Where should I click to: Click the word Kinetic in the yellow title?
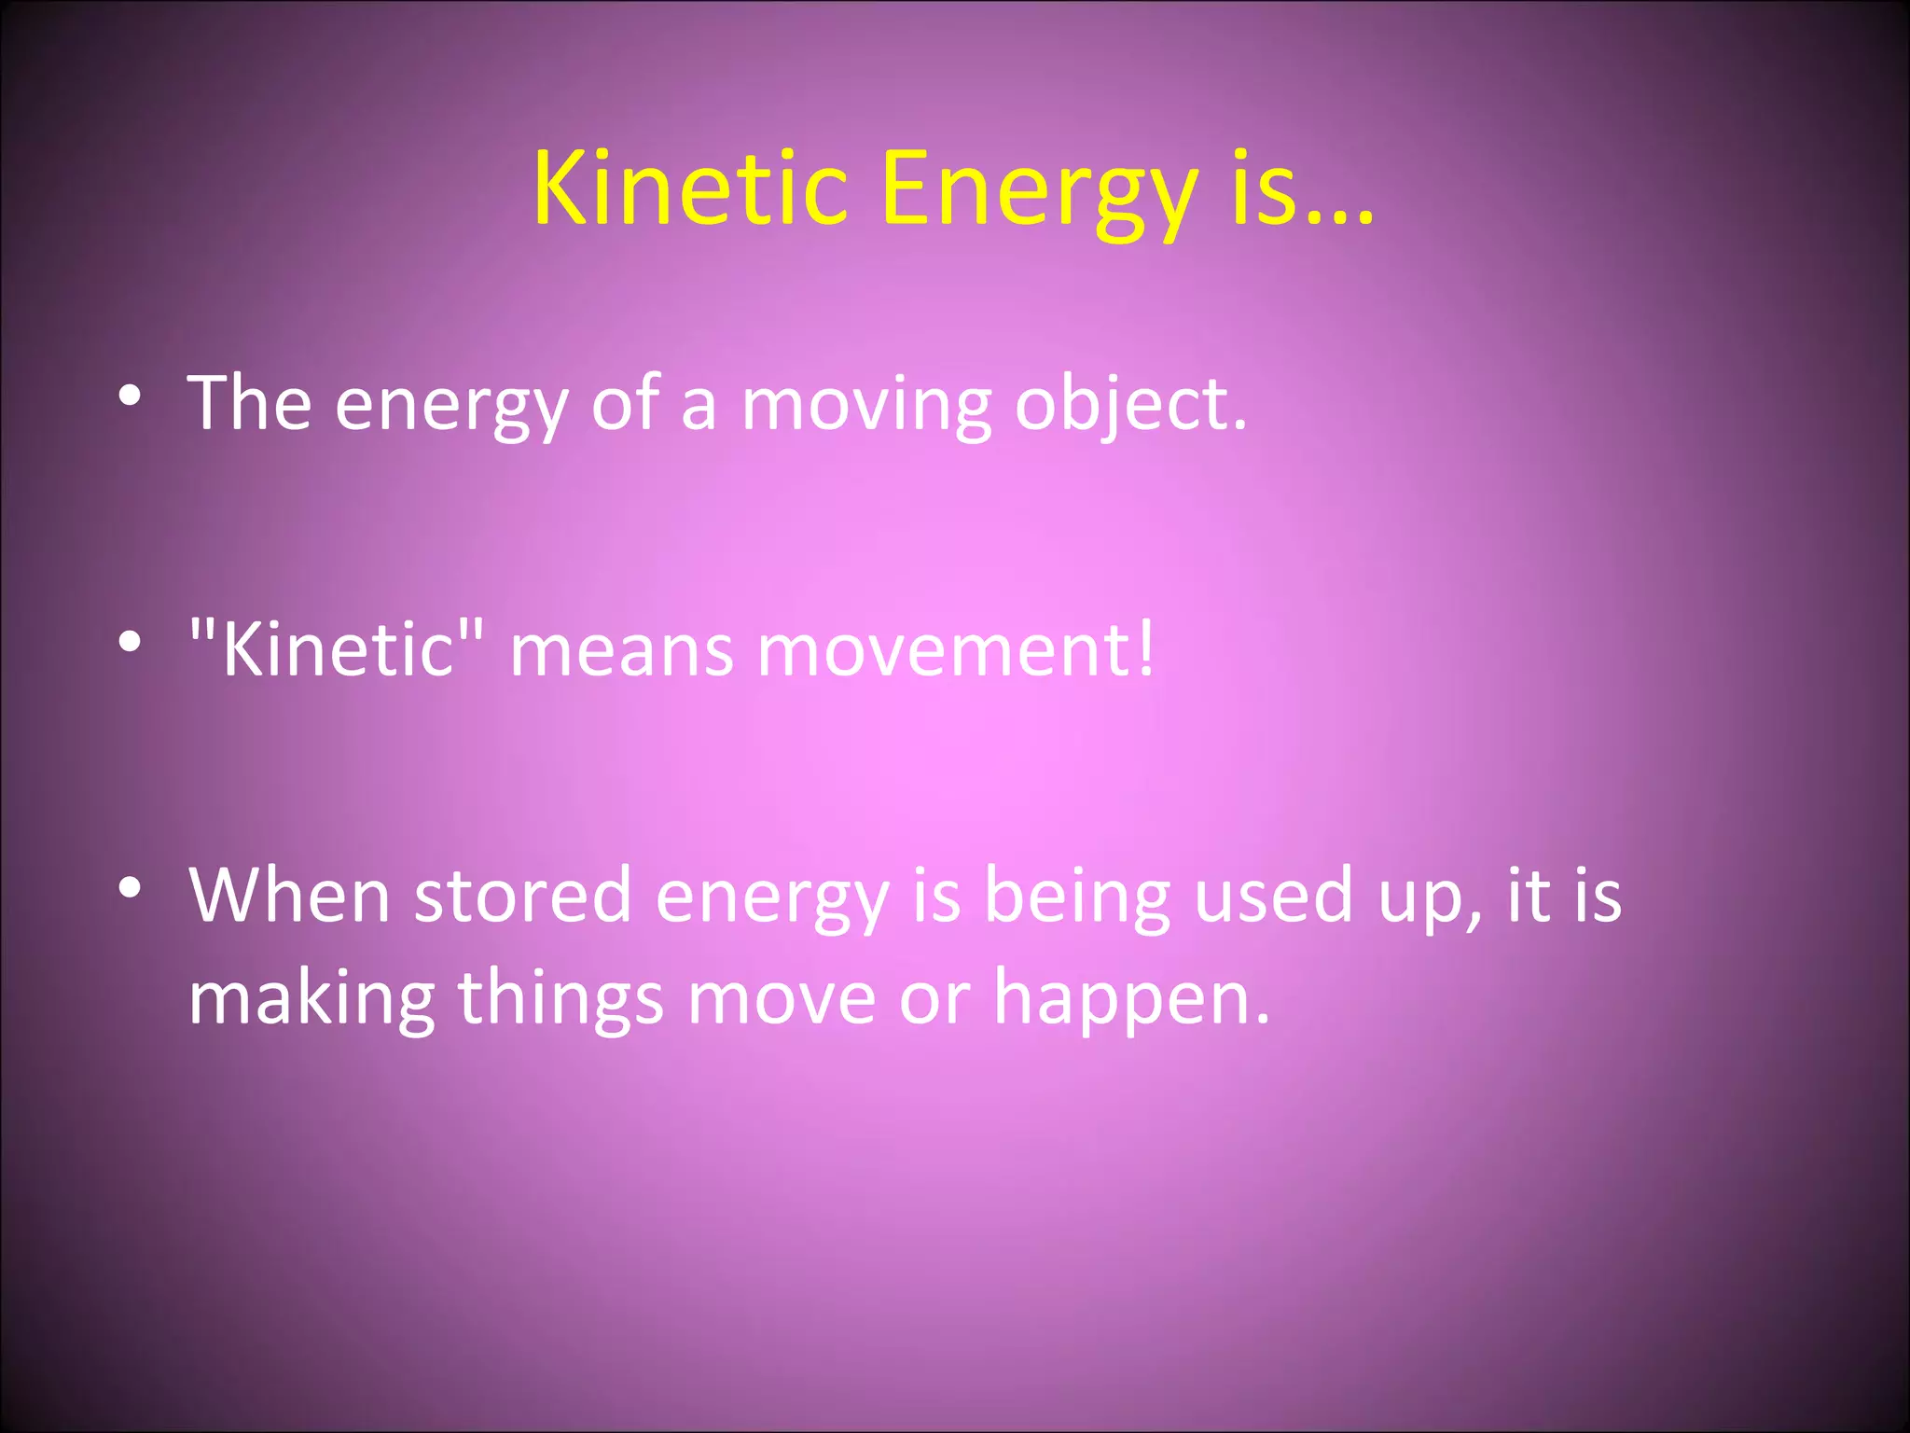coord(690,189)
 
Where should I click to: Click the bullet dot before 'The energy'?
coord(130,397)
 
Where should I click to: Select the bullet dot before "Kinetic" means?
coord(130,642)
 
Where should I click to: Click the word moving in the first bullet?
coord(865,407)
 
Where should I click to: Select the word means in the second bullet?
coord(621,651)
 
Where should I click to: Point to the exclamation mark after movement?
coord(1145,647)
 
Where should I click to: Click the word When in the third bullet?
coord(289,896)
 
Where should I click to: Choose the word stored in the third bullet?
coord(522,896)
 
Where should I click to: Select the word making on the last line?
coord(311,998)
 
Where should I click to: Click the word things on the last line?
coord(561,998)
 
